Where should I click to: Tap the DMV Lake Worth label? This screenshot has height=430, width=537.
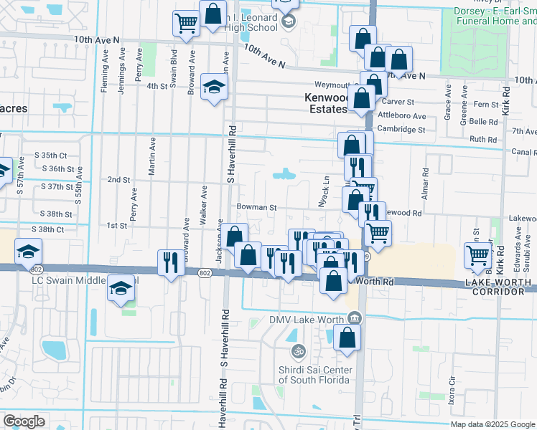click(x=307, y=320)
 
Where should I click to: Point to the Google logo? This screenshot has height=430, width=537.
click(x=24, y=421)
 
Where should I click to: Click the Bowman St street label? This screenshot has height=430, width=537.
click(x=258, y=207)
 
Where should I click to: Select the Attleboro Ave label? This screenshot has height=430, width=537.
click(x=401, y=116)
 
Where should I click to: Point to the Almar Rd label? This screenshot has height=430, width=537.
click(x=426, y=182)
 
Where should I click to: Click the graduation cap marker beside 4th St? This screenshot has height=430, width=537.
click(x=213, y=87)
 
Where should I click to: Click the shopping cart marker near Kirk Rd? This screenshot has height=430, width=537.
click(x=477, y=255)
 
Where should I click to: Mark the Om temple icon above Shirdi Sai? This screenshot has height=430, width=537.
click(x=298, y=352)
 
